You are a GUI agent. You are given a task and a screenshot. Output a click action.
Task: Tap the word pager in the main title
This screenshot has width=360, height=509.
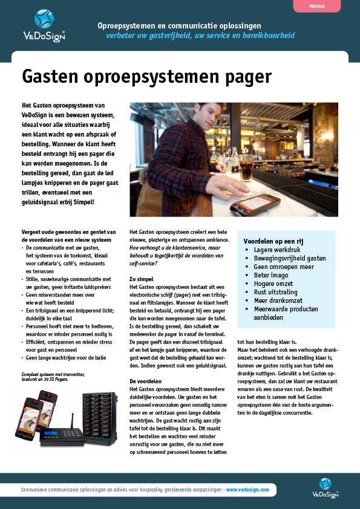pyautogui.click(x=241, y=77)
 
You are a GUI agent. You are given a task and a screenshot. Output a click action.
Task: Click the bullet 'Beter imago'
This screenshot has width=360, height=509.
pyautogui.click(x=271, y=275)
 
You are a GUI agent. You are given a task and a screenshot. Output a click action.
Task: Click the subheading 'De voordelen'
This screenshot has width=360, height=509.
pyautogui.click(x=146, y=381)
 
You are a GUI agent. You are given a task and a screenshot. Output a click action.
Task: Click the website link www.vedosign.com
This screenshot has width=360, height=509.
pyautogui.click(x=249, y=489)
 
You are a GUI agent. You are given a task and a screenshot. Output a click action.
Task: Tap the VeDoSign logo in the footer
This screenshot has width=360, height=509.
pyautogui.click(x=326, y=487)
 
